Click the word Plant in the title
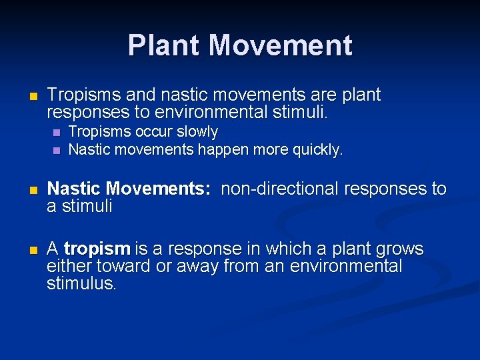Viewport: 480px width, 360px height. [165, 45]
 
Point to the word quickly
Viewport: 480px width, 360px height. [317, 149]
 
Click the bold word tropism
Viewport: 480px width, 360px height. [97, 249]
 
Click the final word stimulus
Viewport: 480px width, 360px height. [81, 284]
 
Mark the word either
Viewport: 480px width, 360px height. [69, 267]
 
